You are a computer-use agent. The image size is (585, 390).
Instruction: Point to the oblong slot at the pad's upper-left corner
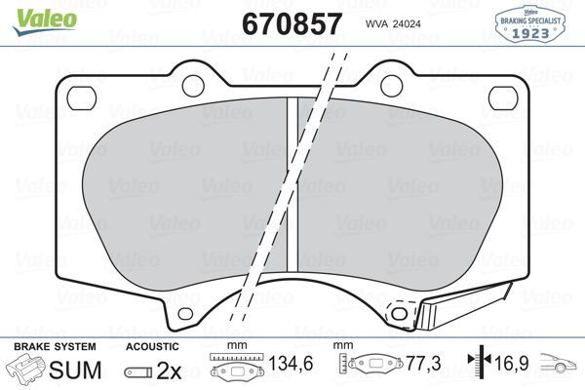tap(74, 96)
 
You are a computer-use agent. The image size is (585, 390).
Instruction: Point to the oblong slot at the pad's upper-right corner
tap(503, 96)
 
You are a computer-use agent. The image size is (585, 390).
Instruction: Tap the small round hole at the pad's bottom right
tap(397, 312)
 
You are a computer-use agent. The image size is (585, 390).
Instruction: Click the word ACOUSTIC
tap(153, 346)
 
